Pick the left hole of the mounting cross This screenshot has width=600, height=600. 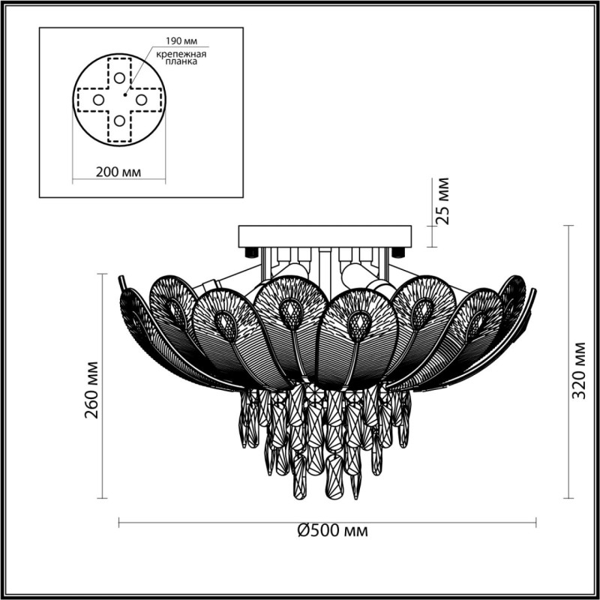click(x=98, y=99)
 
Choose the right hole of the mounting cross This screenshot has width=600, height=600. click(x=142, y=99)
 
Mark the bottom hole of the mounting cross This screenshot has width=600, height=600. click(x=120, y=121)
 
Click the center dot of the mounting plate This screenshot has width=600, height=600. click(x=124, y=95)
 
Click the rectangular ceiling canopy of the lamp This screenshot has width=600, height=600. click(x=325, y=237)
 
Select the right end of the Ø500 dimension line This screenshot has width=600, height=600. click(x=537, y=521)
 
